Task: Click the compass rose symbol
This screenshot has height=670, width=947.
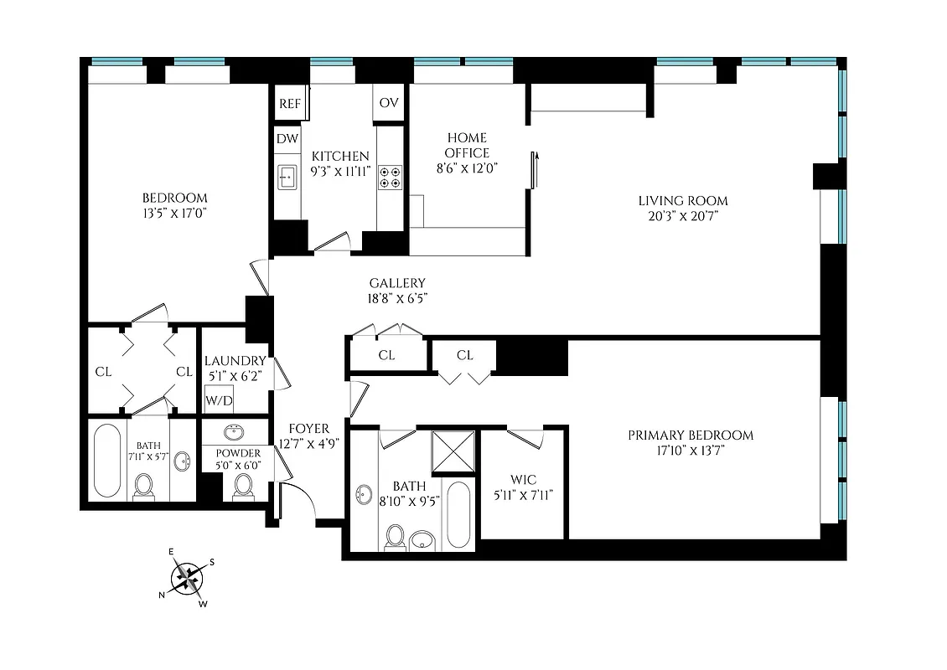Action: pyautogui.click(x=189, y=577)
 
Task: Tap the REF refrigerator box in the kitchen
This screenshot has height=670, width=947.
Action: pyautogui.click(x=289, y=104)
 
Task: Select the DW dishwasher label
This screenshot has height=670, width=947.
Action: pyautogui.click(x=287, y=138)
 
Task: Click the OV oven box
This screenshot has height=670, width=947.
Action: pyautogui.click(x=388, y=103)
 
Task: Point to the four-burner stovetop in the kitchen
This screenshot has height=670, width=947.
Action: pyautogui.click(x=390, y=176)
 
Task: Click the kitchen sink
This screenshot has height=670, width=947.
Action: pyautogui.click(x=287, y=177)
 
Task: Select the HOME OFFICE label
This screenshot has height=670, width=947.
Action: pyautogui.click(x=467, y=145)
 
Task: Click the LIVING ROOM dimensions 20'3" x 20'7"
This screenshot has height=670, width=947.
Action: pyautogui.click(x=683, y=216)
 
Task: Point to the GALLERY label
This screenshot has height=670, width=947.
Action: pyautogui.click(x=397, y=283)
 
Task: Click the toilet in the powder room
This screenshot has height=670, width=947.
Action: pyautogui.click(x=243, y=485)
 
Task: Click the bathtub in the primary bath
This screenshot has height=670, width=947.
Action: pyautogui.click(x=458, y=514)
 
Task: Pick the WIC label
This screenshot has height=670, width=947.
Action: pyautogui.click(x=523, y=480)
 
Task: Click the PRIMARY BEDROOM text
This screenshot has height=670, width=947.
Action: pyautogui.click(x=691, y=435)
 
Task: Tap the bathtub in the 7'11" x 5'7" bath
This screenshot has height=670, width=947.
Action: pyautogui.click(x=107, y=461)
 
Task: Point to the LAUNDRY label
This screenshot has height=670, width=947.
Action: pyautogui.click(x=235, y=361)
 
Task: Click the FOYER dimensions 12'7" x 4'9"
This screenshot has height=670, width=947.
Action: pyautogui.click(x=309, y=443)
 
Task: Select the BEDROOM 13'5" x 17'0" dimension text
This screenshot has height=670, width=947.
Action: pyautogui.click(x=174, y=213)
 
